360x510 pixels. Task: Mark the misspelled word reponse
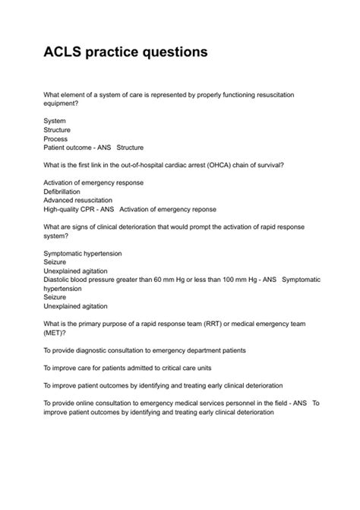pos(201,210)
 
